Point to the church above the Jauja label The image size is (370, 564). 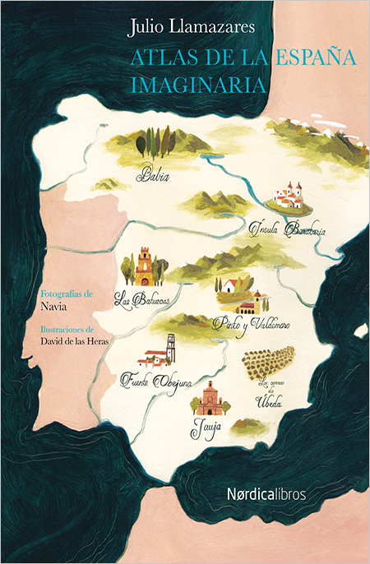click(x=210, y=398)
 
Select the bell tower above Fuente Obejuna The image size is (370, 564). click(x=171, y=349)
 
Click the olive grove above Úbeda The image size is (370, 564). click(x=268, y=359)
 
